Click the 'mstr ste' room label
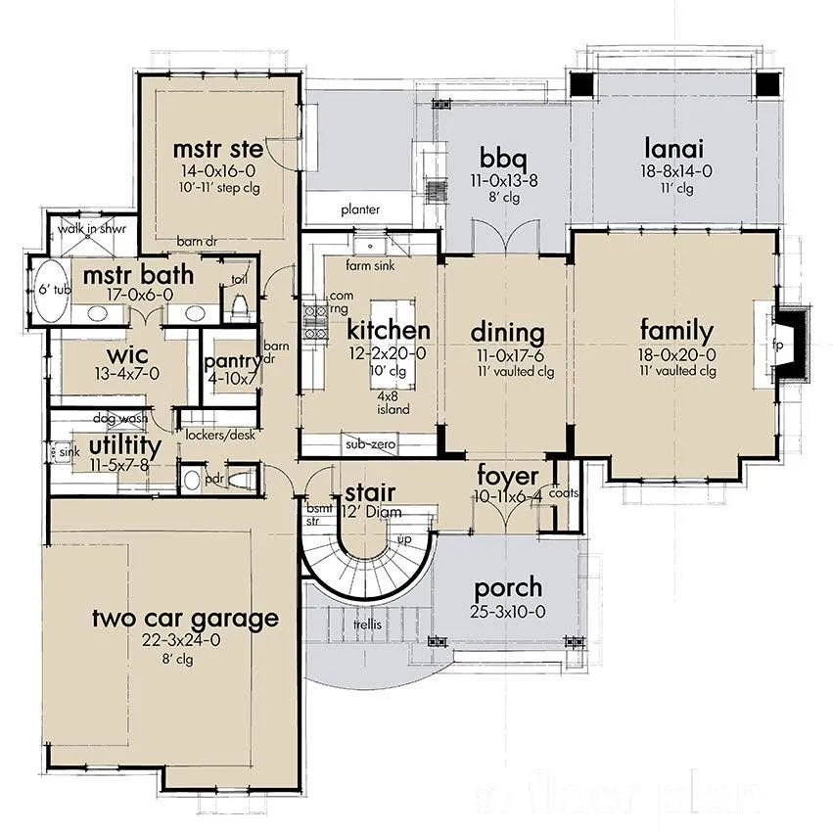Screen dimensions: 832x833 [x=218, y=150]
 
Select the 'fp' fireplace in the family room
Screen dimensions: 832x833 [x=779, y=345]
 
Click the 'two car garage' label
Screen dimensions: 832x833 [x=186, y=618]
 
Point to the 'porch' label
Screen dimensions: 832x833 [x=509, y=588]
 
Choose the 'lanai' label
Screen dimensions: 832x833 [x=676, y=149]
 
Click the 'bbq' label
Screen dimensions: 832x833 [x=505, y=157]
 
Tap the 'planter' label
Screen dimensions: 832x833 [x=360, y=209]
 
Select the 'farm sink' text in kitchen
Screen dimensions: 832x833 [x=370, y=265]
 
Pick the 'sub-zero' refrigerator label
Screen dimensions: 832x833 [x=368, y=445]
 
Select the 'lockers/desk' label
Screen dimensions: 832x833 [x=218, y=435]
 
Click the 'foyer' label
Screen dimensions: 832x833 [x=508, y=477]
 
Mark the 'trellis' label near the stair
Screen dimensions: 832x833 [x=368, y=623]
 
